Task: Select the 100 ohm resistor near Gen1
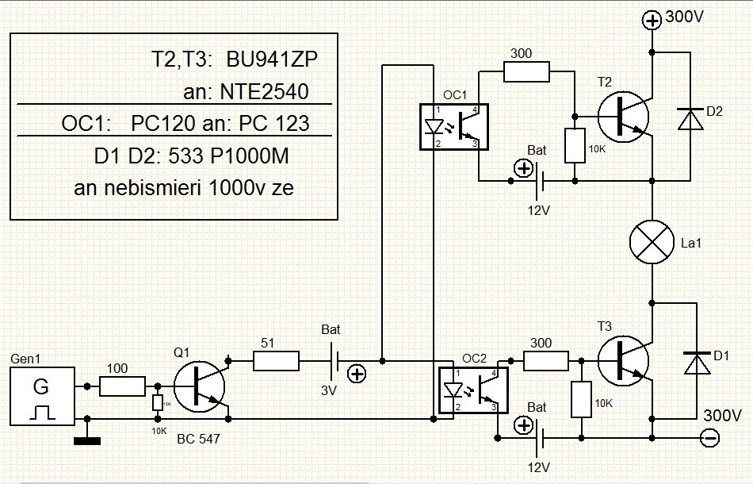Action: tap(122, 386)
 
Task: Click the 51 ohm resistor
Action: tap(276, 362)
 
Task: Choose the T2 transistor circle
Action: tap(623, 115)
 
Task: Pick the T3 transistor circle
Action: tap(623, 362)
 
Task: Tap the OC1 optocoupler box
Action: tap(452, 126)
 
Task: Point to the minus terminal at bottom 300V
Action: tap(709, 436)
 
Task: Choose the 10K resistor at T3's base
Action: tap(581, 399)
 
